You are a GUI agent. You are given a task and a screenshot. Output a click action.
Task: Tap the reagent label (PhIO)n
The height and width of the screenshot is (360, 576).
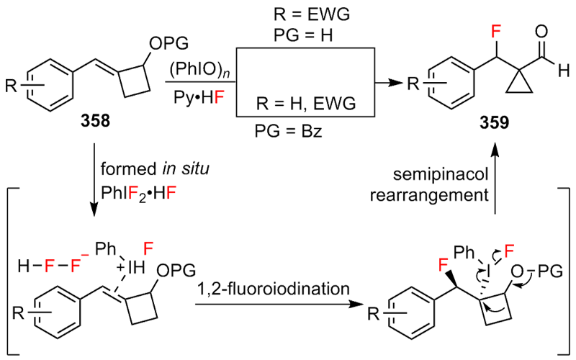click(192, 71)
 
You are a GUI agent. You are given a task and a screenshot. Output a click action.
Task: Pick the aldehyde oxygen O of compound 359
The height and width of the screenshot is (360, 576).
click(542, 32)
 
